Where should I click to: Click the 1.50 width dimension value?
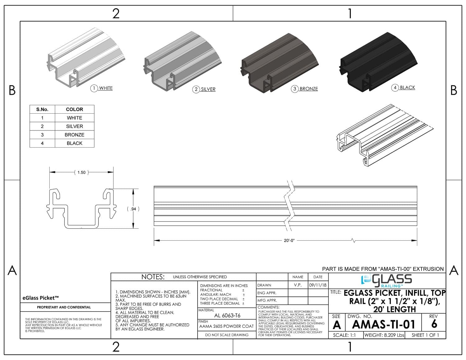[81, 172]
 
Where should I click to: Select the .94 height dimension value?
[133, 209]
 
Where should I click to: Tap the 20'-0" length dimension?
[289, 240]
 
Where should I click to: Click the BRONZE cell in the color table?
[74, 135]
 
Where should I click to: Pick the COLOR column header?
[74, 109]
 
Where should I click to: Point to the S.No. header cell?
[42, 109]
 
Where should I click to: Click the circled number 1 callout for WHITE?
[94, 88]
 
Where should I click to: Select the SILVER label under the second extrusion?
[208, 89]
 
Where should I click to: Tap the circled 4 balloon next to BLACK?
[395, 88]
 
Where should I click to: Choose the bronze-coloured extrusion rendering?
[276, 65]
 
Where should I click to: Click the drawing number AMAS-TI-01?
[384, 325]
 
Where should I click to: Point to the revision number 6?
[434, 324]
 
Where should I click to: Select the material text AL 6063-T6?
[227, 316]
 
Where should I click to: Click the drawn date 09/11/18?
[318, 285]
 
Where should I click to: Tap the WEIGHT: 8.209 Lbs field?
[384, 335]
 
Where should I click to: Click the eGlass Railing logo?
[387, 280]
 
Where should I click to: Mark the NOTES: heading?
[153, 277]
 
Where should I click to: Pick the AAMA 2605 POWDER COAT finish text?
[226, 326]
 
